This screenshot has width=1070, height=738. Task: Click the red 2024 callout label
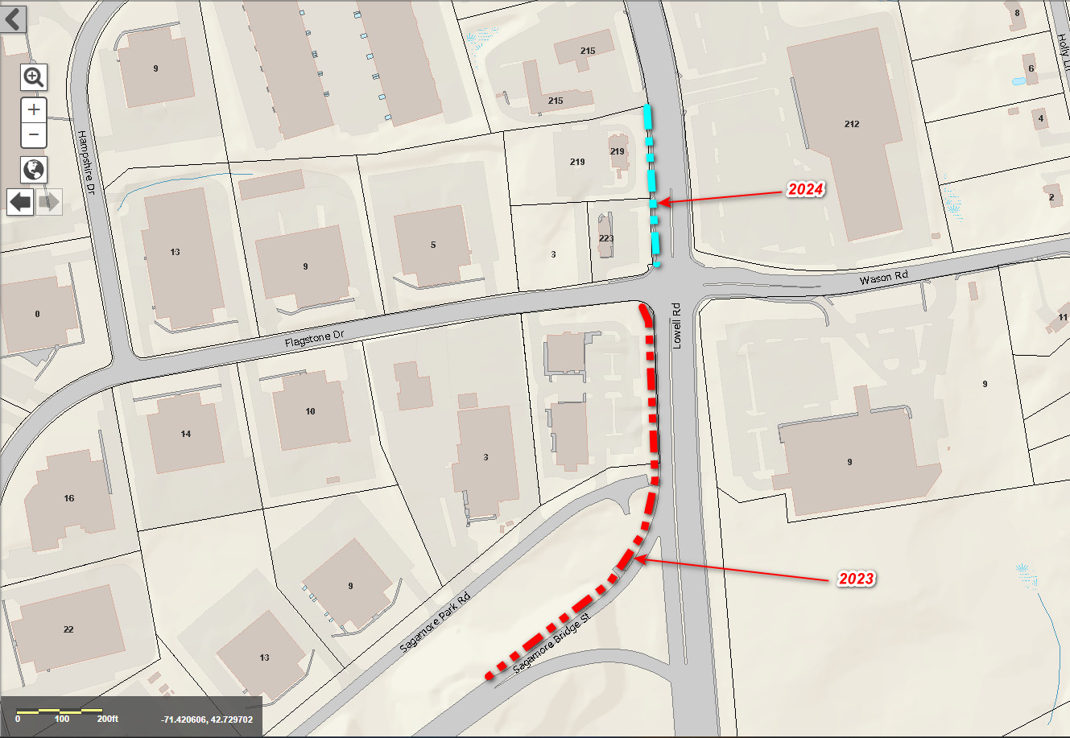click(x=805, y=190)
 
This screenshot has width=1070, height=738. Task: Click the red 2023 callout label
click(x=856, y=579)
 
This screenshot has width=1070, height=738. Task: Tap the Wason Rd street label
click(x=883, y=278)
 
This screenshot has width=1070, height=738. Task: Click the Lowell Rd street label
click(x=677, y=325)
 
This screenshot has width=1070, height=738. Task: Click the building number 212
click(x=852, y=124)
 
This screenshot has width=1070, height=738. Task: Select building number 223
click(x=606, y=239)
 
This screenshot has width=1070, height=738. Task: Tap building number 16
click(x=69, y=498)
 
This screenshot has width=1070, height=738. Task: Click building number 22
click(x=68, y=629)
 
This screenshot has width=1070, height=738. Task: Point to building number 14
click(x=186, y=434)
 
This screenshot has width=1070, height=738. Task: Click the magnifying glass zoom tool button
click(x=34, y=77)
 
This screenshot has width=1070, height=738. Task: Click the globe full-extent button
click(x=34, y=170)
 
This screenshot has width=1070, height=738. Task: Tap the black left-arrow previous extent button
click(x=20, y=202)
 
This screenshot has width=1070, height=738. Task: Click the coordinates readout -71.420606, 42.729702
click(x=207, y=719)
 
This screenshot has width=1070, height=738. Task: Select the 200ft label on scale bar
click(x=107, y=719)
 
